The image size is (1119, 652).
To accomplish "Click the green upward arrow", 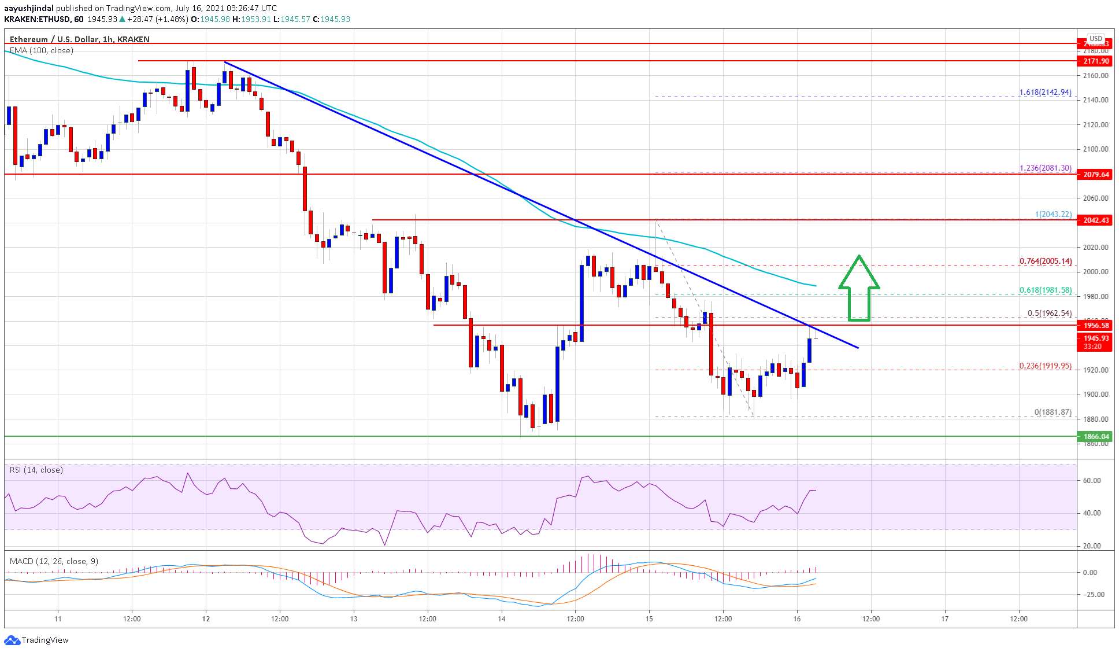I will pyautogui.click(x=859, y=288).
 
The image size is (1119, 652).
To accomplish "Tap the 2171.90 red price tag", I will pyautogui.click(x=1095, y=61).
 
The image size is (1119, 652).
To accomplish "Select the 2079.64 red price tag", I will pyautogui.click(x=1095, y=174).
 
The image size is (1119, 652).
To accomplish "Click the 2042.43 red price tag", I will pyautogui.click(x=1095, y=220).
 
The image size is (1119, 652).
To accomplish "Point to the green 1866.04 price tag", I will pyautogui.click(x=1095, y=437).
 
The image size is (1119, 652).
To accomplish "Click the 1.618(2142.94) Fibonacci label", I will pyautogui.click(x=1045, y=92).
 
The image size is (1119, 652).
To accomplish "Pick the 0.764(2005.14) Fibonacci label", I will pyautogui.click(x=1045, y=261).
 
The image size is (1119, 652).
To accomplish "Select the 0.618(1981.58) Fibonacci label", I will pyautogui.click(x=1045, y=290).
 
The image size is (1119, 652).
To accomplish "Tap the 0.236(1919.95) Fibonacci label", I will pyautogui.click(x=1045, y=366).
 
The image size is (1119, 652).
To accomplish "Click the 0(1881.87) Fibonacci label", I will pyautogui.click(x=1053, y=412).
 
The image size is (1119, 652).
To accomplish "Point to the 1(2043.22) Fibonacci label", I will pyautogui.click(x=1053, y=214).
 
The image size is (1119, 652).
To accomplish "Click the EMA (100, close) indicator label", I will pyautogui.click(x=42, y=50).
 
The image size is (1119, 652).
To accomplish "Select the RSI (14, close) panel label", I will pyautogui.click(x=36, y=470).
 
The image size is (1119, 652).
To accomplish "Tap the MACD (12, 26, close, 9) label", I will pyautogui.click(x=54, y=561).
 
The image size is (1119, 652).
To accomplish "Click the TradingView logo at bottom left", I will pyautogui.click(x=36, y=640).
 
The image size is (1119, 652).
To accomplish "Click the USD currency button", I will pyautogui.click(x=1095, y=39).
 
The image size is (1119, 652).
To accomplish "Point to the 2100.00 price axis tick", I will pyautogui.click(x=1095, y=149).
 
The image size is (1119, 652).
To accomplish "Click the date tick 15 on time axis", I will pyautogui.click(x=649, y=618).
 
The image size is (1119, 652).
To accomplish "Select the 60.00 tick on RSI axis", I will pyautogui.click(x=1092, y=480).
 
